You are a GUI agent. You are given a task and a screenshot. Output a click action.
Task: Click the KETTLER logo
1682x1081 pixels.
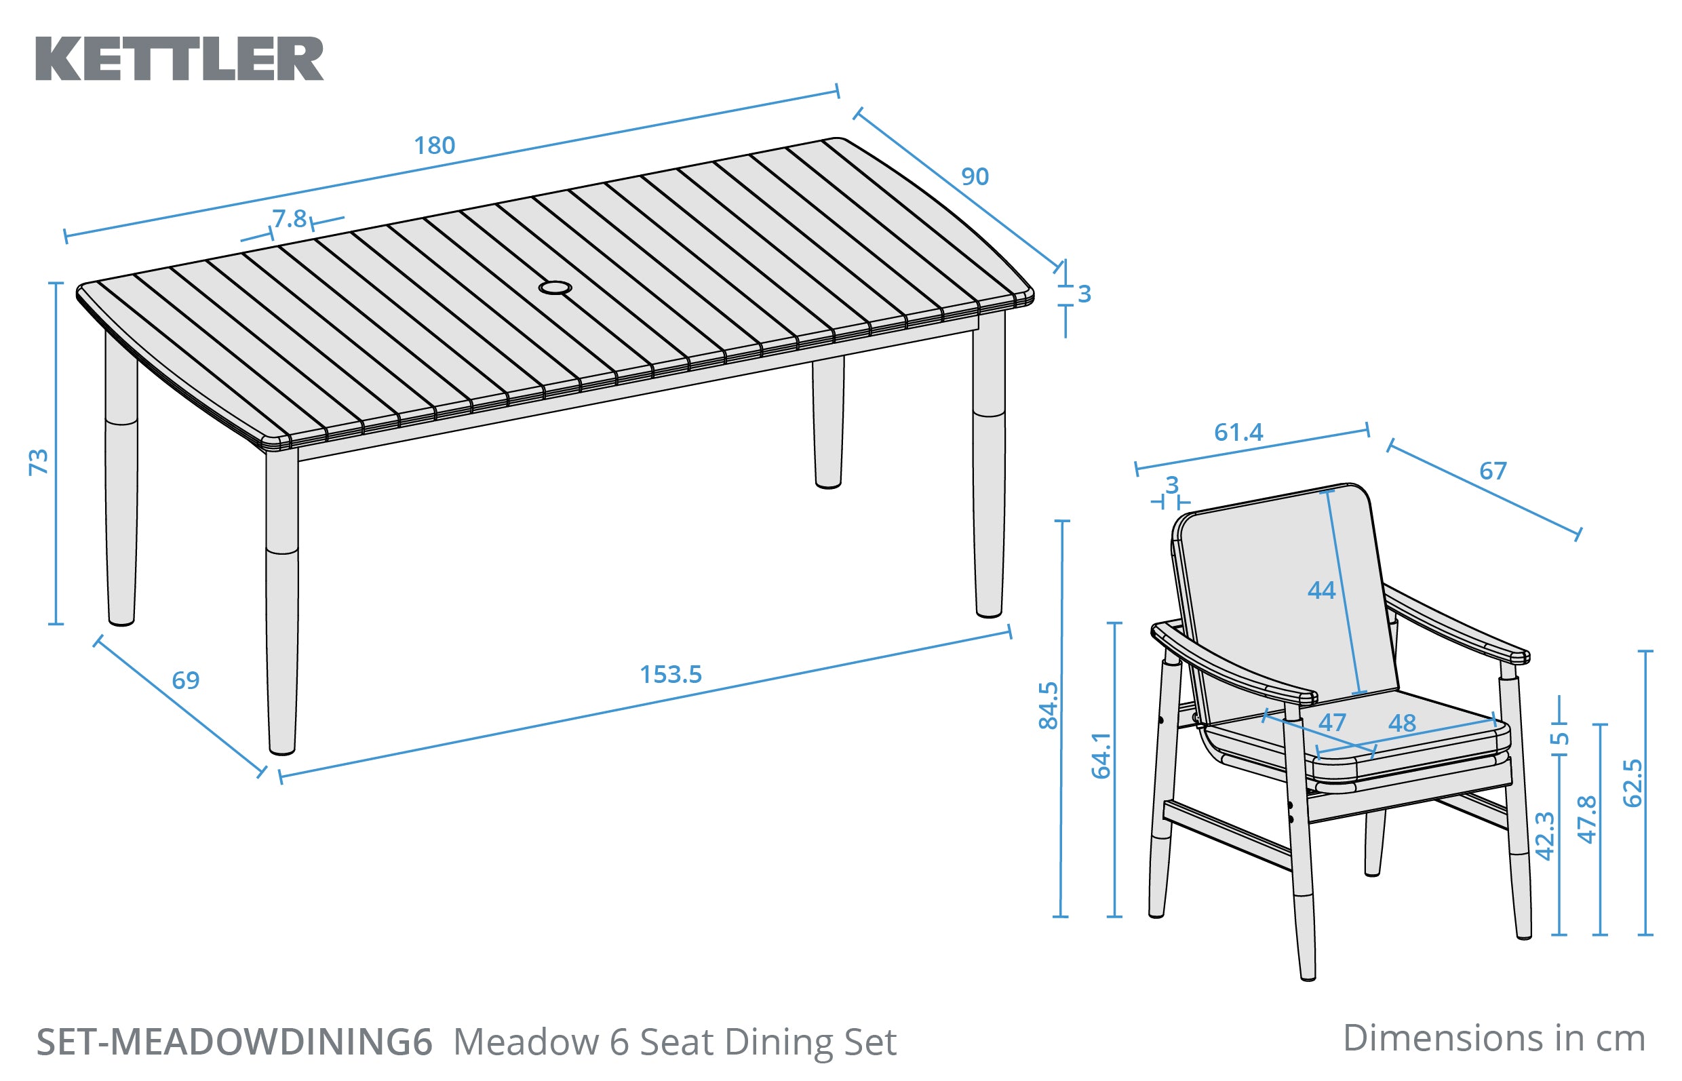click(x=179, y=59)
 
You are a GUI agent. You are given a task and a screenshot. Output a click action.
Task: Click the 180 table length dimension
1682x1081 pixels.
click(x=434, y=145)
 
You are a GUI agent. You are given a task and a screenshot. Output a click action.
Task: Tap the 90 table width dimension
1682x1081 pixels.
click(x=975, y=176)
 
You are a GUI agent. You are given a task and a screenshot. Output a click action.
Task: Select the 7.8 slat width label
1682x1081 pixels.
click(x=290, y=219)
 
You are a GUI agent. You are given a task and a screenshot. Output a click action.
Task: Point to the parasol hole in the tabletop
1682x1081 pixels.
click(x=555, y=288)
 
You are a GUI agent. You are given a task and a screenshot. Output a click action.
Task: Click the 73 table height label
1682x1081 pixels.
click(x=39, y=461)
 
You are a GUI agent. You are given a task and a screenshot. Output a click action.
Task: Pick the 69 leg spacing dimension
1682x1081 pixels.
click(x=185, y=680)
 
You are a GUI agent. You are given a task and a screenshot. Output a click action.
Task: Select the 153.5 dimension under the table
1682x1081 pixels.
click(x=670, y=675)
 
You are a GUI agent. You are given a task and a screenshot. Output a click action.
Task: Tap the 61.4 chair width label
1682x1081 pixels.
click(x=1238, y=433)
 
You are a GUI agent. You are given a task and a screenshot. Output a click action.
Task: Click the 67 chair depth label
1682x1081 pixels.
click(x=1493, y=470)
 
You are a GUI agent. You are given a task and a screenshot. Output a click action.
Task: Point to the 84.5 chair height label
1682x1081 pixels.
click(x=1048, y=705)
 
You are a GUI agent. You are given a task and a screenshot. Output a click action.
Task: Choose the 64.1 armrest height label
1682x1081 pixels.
click(x=1101, y=755)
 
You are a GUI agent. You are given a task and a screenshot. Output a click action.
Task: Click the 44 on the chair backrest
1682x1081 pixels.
click(x=1321, y=590)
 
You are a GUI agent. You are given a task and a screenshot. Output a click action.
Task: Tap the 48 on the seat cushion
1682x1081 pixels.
click(x=1402, y=723)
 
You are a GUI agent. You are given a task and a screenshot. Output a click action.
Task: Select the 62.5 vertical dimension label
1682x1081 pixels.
click(x=1633, y=783)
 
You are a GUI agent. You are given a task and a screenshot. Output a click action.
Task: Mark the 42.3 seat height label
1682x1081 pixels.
click(x=1545, y=836)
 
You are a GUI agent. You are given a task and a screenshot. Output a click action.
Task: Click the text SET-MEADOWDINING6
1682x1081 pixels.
click(x=234, y=1042)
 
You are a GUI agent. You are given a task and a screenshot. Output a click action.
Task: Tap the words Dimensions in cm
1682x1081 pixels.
click(x=1494, y=1038)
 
